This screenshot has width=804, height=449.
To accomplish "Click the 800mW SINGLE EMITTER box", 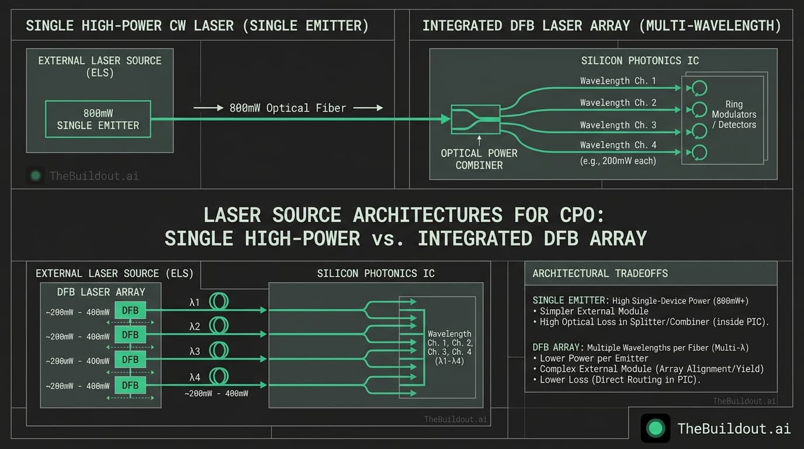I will pyautogui.click(x=98, y=119).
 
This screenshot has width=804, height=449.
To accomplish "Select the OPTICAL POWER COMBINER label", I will pyautogui.click(x=479, y=159).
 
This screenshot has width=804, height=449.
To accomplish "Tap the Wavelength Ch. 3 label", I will pyautogui.click(x=618, y=125).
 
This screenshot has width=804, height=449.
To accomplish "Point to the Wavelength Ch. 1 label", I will pyautogui.click(x=618, y=81).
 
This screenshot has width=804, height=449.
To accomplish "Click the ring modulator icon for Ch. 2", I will pyautogui.click(x=699, y=109).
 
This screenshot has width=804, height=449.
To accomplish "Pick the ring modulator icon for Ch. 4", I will pyautogui.click(x=699, y=153).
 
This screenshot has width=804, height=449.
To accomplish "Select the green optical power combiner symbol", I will pyautogui.click(x=476, y=119).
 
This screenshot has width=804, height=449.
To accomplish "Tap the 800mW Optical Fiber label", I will pyautogui.click(x=287, y=108).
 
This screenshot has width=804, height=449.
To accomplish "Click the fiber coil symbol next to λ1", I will pyautogui.click(x=219, y=302).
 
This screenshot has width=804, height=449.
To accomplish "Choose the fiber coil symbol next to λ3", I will pyautogui.click(x=219, y=351).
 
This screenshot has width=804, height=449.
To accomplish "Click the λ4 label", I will pyautogui.click(x=195, y=376).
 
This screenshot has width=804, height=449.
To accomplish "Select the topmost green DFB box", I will pyautogui.click(x=130, y=310).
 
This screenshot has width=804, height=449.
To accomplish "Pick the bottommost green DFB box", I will pyautogui.click(x=130, y=385).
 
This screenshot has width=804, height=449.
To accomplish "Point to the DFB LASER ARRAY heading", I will pyautogui.click(x=101, y=292).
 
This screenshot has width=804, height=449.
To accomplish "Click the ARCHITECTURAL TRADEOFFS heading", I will pyautogui.click(x=600, y=273).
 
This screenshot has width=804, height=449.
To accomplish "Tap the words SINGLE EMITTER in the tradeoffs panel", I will pyautogui.click(x=569, y=301).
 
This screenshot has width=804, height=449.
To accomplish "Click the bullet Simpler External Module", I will pyautogui.click(x=594, y=311).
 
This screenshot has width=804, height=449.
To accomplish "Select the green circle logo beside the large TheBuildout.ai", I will pyautogui.click(x=656, y=429).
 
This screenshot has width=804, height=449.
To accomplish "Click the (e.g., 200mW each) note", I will pyautogui.click(x=618, y=160).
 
